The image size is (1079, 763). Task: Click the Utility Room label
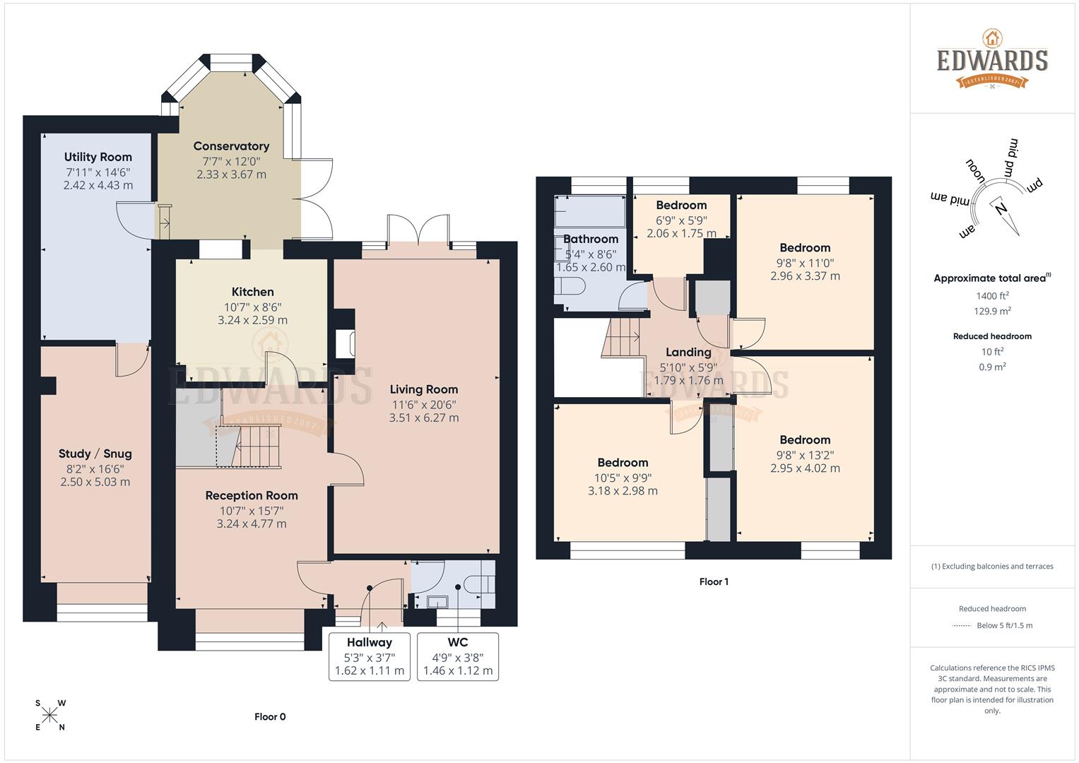point(98,157)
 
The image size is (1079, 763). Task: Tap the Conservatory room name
point(231,146)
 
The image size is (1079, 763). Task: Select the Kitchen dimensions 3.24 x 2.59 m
point(252,320)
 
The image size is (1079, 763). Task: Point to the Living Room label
point(423,389)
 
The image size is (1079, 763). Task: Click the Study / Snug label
point(95,454)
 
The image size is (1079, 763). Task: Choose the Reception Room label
point(252,495)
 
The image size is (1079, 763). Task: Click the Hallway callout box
point(369,656)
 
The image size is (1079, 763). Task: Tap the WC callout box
point(457,656)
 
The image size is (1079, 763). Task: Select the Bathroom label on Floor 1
point(590,239)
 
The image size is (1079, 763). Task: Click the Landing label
point(688,352)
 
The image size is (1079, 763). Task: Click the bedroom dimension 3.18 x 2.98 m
point(623,491)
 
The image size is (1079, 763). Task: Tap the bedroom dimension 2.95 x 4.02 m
point(805,468)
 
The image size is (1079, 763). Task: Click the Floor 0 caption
point(270,716)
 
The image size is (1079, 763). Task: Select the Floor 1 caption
point(714,581)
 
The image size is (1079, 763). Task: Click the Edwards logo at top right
point(992,59)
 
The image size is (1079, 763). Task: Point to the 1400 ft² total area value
point(992,296)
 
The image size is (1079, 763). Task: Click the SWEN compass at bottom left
point(49,715)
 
